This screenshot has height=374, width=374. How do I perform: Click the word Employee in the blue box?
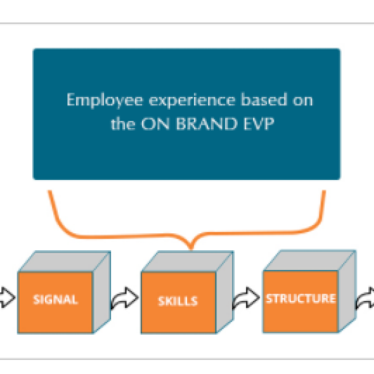point(105,100)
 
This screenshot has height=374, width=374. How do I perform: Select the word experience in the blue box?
point(192,100)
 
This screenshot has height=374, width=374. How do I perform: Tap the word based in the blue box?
point(264,99)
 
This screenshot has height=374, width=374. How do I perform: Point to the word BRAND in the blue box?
point(207,123)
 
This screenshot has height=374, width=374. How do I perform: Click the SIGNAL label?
point(56,299)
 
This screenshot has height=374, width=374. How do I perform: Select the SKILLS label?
point(178,301)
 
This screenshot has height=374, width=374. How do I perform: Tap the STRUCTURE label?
point(301,298)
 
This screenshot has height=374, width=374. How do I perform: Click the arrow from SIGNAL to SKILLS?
point(125,298)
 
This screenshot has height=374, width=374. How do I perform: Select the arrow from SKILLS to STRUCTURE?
point(246,298)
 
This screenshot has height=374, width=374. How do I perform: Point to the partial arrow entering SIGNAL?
point(7,297)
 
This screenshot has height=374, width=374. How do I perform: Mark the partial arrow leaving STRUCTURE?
point(365,298)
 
